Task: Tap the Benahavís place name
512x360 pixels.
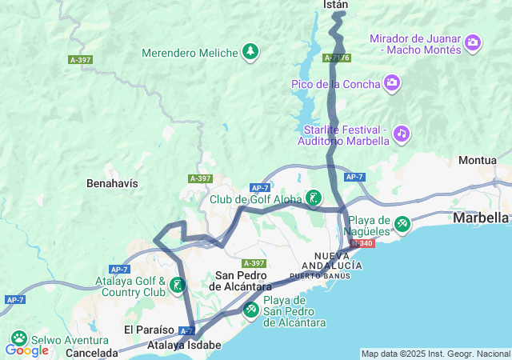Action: [112, 183]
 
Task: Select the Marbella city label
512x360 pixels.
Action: [480, 218]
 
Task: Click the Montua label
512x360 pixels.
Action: [478, 160]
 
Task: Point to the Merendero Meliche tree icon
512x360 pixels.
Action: [250, 52]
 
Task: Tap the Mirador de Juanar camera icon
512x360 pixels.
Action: [473, 42]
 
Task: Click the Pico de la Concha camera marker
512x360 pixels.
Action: [392, 82]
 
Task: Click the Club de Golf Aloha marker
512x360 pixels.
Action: [314, 198]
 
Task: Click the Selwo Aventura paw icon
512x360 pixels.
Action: [18, 339]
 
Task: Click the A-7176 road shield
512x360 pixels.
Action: [337, 58]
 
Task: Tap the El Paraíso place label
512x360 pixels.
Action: [149, 330]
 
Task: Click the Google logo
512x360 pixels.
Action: [26, 350]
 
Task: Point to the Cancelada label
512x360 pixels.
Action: [92, 352]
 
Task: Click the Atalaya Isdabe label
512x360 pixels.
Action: [184, 346]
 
